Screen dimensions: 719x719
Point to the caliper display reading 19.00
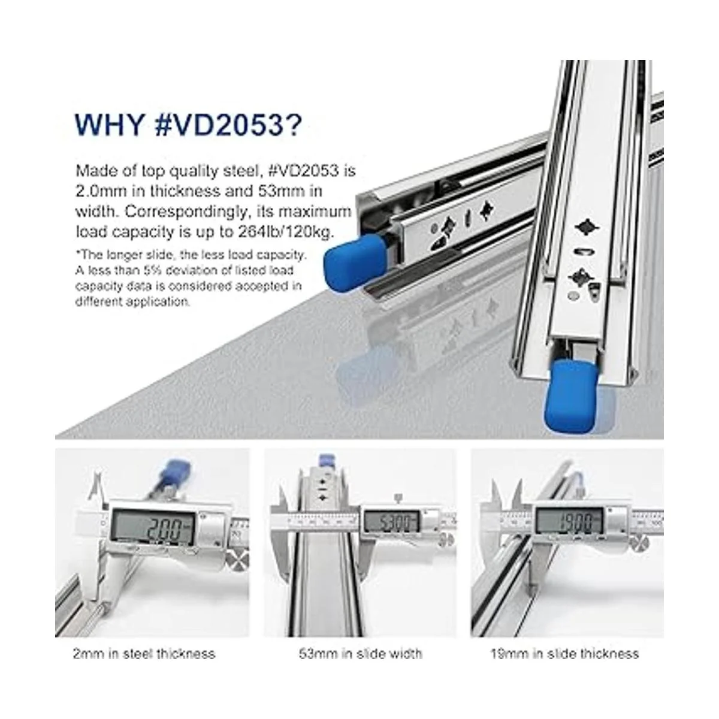[x=569, y=521]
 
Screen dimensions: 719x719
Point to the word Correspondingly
[x=186, y=212]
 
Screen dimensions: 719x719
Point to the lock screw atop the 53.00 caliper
[x=398, y=498]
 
